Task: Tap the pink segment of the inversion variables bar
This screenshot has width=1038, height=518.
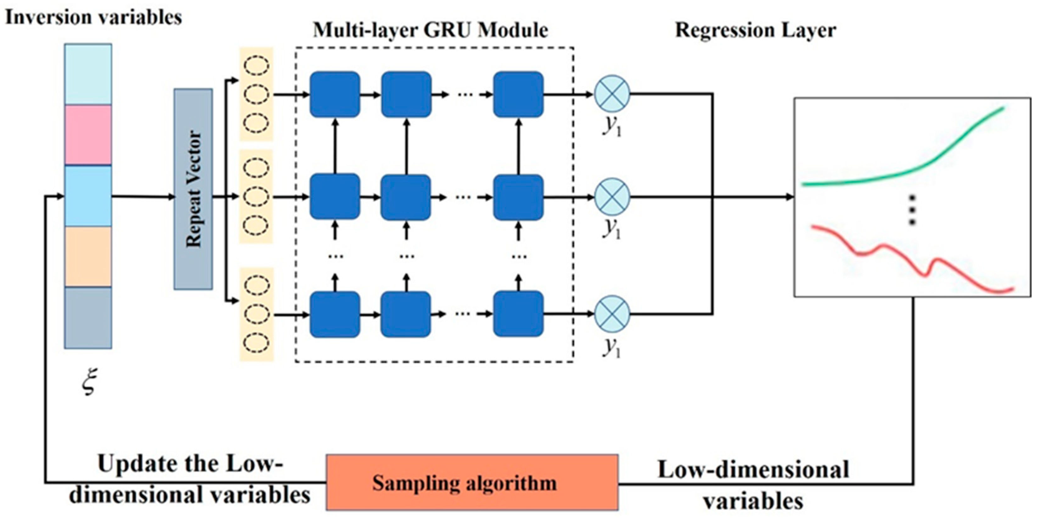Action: (88, 135)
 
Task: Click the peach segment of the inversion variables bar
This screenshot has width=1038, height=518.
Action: (88, 256)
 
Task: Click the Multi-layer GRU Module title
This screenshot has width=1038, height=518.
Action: (430, 30)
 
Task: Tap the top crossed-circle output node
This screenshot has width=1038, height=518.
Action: (612, 93)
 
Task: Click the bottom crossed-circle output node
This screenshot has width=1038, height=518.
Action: (612, 314)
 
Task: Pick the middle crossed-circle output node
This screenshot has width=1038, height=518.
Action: (612, 197)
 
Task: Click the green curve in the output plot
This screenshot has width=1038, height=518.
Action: (927, 163)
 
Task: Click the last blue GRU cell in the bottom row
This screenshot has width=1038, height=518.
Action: (518, 314)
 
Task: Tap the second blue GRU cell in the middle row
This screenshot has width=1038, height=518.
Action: (406, 197)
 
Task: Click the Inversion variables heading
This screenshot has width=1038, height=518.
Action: (93, 17)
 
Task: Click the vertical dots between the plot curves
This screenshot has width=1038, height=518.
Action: (912, 210)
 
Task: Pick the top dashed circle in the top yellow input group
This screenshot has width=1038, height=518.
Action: (257, 66)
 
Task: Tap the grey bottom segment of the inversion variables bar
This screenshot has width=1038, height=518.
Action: (88, 318)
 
